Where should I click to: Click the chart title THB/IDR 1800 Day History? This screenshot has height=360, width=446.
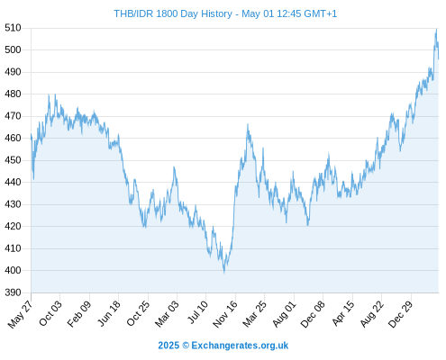pyautogui.click(x=173, y=13)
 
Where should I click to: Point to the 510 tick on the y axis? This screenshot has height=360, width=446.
pyautogui.click(x=13, y=28)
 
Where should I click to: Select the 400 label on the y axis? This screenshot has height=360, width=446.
pyautogui.click(x=13, y=270)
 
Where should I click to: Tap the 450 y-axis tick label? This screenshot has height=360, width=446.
pyautogui.click(x=13, y=160)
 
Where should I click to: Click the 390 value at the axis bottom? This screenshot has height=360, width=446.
pyautogui.click(x=13, y=292)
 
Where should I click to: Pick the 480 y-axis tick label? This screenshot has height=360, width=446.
pyautogui.click(x=13, y=94)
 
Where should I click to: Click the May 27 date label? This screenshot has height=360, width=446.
pyautogui.click(x=20, y=314)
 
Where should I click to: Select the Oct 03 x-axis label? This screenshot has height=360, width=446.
pyautogui.click(x=50, y=313)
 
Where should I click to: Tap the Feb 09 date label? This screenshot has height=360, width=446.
pyautogui.click(x=78, y=314)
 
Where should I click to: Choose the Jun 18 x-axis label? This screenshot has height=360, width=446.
pyautogui.click(x=109, y=313)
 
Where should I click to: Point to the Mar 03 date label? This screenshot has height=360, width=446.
pyautogui.click(x=167, y=314)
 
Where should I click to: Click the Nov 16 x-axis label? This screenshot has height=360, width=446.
pyautogui.click(x=225, y=314)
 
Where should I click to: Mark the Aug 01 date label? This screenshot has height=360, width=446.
pyautogui.click(x=284, y=314)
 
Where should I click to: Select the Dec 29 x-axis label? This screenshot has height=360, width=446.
pyautogui.click(x=401, y=314)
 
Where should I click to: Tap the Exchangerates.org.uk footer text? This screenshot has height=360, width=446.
pyautogui.click(x=240, y=346)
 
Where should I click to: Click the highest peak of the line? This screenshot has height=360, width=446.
pyautogui.click(x=436, y=30)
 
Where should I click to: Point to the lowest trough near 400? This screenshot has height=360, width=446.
pyautogui.click(x=224, y=272)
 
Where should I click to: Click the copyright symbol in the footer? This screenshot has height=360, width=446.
pyautogui.click(x=186, y=346)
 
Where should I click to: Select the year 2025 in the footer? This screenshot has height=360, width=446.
pyautogui.click(x=168, y=346)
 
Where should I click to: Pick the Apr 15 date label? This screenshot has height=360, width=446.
pyautogui.click(x=343, y=313)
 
